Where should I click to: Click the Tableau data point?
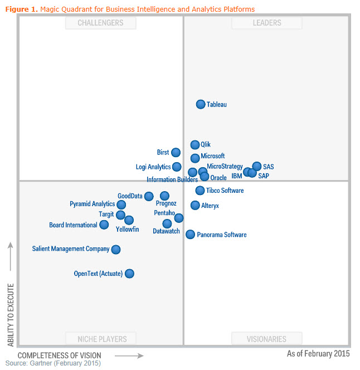(201, 104)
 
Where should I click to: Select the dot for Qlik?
(195, 145)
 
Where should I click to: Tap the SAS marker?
(256, 166)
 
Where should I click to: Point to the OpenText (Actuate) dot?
(129, 274)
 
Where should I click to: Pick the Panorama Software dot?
(190, 235)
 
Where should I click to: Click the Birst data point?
(176, 153)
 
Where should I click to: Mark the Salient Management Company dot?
(115, 250)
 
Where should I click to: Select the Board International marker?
(104, 225)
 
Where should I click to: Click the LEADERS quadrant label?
(267, 23)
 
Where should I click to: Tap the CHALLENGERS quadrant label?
(100, 23)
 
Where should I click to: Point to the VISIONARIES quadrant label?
(267, 339)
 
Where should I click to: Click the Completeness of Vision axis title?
(60, 356)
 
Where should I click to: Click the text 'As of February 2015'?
(318, 354)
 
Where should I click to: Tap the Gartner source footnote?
(53, 363)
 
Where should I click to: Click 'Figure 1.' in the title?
(22, 9)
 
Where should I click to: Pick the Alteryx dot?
(195, 206)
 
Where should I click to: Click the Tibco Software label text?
(225, 191)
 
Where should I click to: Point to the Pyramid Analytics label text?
(92, 204)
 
